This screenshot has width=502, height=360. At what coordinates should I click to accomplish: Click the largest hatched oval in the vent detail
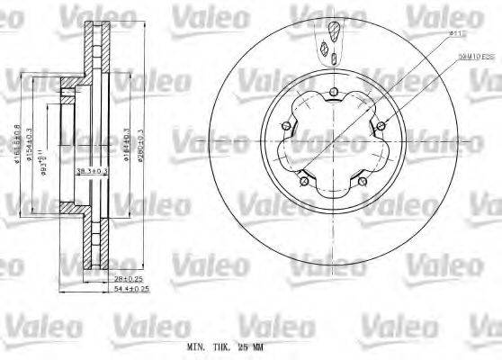[335, 33]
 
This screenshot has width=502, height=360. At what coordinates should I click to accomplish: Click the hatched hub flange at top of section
[67, 85]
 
